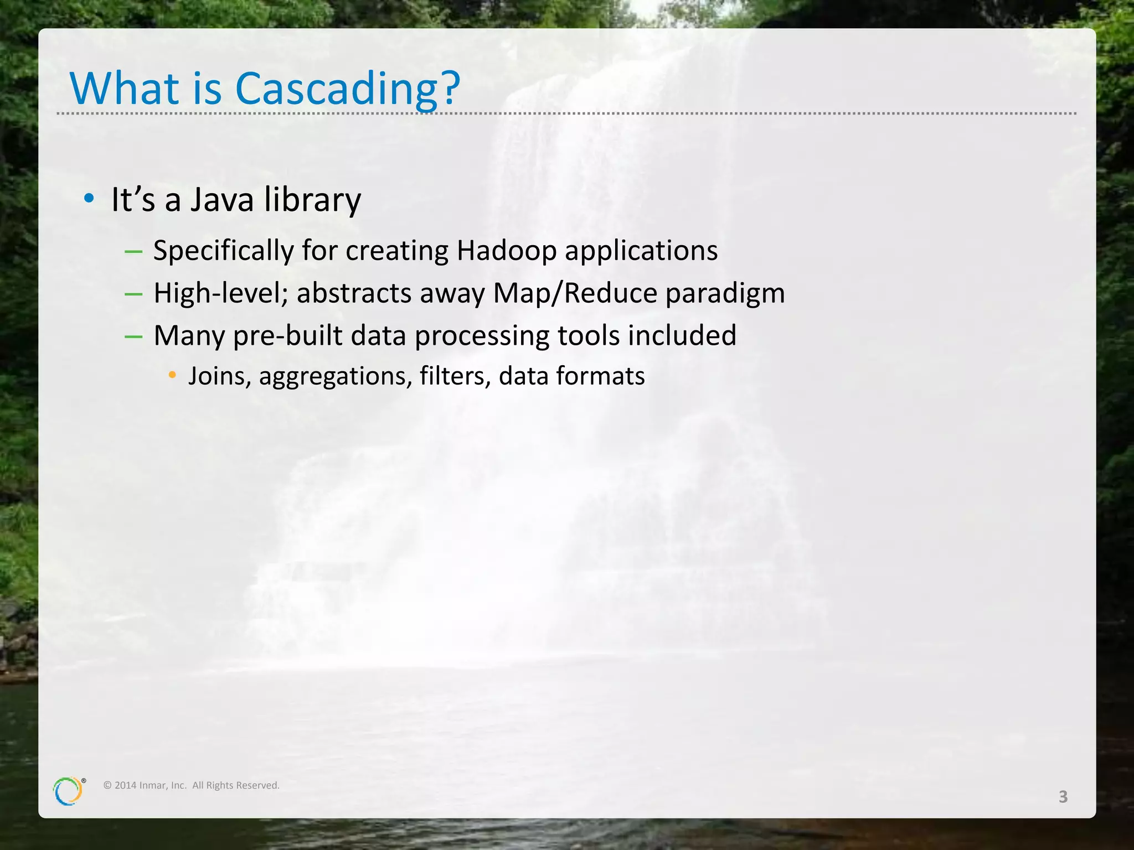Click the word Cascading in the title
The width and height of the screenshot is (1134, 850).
[337, 89]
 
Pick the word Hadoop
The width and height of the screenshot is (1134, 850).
[506, 251]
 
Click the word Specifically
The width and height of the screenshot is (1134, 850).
[224, 251]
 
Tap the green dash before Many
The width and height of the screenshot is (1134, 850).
[133, 336]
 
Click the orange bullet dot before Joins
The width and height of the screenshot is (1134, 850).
[172, 375]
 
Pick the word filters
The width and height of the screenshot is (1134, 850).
[455, 376]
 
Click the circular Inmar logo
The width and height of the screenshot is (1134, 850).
[68, 791]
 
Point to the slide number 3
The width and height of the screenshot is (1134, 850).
[1063, 797]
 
